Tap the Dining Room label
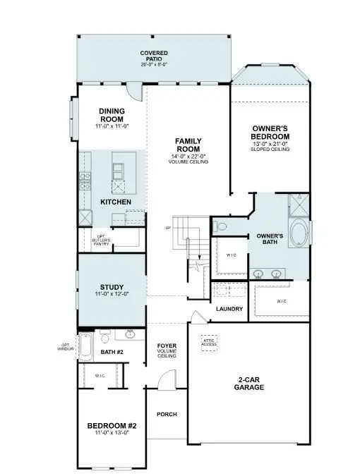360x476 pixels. click(111, 117)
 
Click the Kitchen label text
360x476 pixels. click(116, 202)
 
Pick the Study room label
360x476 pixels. click(112, 290)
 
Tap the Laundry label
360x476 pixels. click(229, 309)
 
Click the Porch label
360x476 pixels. click(167, 414)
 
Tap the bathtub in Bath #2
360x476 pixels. click(86, 347)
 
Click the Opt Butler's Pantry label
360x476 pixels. click(95, 240)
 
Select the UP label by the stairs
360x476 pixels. click(168, 228)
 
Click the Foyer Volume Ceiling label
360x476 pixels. click(167, 350)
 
